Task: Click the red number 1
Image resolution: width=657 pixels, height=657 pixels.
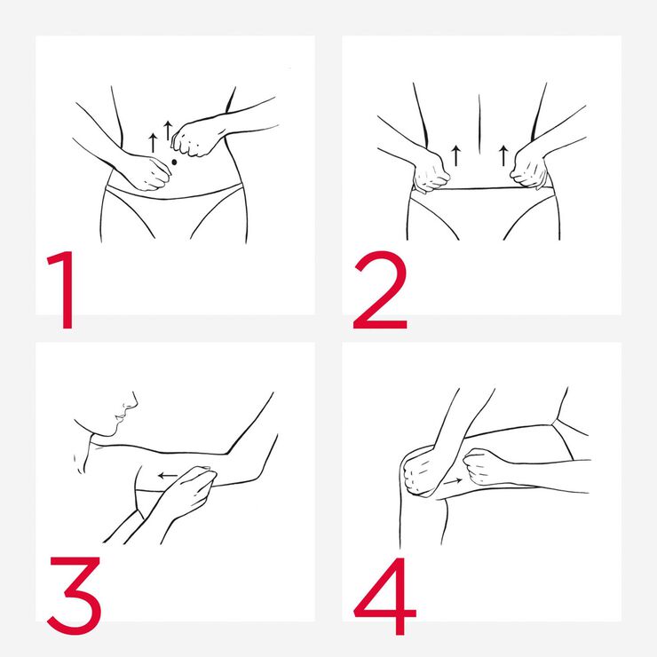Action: (64, 290)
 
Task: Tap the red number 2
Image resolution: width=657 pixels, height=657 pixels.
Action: (380, 290)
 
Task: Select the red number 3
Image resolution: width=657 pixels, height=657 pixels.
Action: (75, 596)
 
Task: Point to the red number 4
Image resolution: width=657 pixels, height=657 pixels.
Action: (385, 597)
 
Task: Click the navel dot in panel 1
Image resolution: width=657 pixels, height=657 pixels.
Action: (174, 162)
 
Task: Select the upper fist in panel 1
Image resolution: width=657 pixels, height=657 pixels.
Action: (194, 139)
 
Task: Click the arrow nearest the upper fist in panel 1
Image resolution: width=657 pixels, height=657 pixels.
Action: (168, 131)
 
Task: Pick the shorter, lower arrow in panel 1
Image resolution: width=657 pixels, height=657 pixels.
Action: (153, 143)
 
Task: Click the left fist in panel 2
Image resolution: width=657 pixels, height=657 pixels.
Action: (431, 172)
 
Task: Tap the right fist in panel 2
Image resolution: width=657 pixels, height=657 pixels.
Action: (529, 169)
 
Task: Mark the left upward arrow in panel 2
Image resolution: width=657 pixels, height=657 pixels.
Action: (455, 155)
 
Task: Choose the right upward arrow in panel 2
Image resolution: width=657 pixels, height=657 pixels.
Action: (503, 155)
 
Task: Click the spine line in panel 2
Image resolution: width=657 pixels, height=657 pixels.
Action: (479, 124)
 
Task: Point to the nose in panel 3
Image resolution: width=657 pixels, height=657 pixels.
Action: (131, 403)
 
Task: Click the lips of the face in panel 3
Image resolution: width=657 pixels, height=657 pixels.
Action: (120, 417)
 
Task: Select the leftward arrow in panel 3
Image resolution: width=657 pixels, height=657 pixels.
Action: (168, 476)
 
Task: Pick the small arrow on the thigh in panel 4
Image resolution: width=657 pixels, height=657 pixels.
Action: (453, 481)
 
